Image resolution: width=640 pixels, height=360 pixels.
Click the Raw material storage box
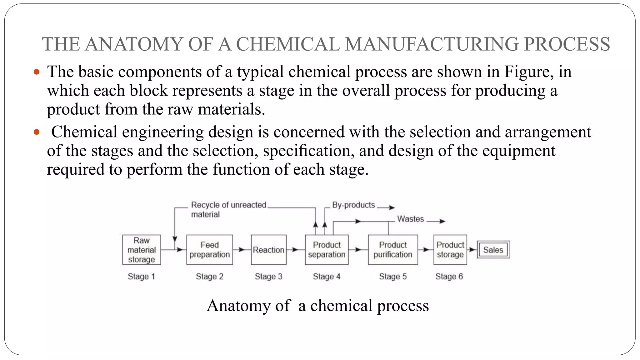point(142,250)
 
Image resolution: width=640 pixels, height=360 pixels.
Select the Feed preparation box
point(209,250)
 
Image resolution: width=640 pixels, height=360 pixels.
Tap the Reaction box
point(268,250)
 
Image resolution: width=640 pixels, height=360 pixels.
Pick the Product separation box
point(327,250)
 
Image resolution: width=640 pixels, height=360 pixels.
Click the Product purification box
point(393,250)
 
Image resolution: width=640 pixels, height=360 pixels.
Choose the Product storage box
point(450,250)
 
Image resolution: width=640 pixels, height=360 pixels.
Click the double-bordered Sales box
point(493,250)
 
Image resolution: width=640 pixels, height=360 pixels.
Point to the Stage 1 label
point(141,277)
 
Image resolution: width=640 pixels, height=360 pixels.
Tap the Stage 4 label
point(327,277)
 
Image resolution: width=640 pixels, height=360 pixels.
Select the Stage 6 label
point(449,277)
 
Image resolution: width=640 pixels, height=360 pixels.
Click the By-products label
point(353,205)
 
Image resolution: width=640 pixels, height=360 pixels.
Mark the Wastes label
point(410,219)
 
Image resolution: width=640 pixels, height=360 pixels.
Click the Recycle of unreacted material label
point(228,209)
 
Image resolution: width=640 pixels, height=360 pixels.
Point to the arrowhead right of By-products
point(392,207)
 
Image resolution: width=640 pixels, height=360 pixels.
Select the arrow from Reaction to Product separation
point(295,250)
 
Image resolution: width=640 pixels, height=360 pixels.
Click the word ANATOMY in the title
point(133,44)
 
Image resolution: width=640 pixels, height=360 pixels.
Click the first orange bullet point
point(37,72)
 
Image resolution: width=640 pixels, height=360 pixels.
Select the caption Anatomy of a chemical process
point(317,306)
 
